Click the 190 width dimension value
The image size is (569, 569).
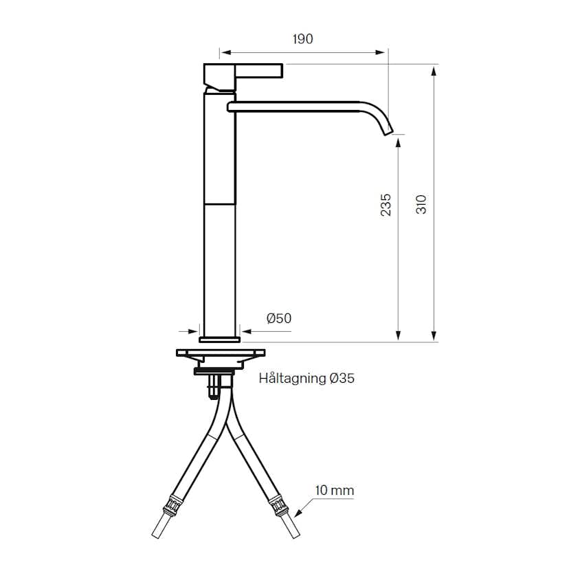click(x=302, y=39)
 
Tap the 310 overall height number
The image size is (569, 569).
click(x=421, y=204)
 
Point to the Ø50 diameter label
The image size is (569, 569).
click(x=279, y=318)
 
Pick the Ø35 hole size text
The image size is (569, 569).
click(x=342, y=378)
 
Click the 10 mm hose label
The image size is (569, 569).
click(x=335, y=490)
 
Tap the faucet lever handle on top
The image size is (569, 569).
click(x=244, y=71)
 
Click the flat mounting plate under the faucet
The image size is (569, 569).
click(x=220, y=353)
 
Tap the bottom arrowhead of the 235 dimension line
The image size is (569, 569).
click(x=398, y=336)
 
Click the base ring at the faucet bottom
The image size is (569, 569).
click(x=220, y=338)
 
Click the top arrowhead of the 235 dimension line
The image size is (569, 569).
click(x=398, y=140)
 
